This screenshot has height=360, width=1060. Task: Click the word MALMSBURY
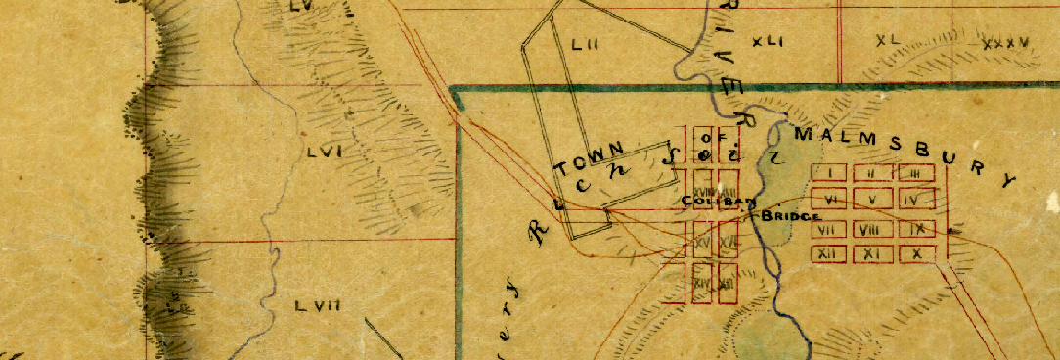click(905, 155)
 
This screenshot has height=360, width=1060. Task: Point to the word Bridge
click(789, 216)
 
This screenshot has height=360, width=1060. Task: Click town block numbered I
click(829, 173)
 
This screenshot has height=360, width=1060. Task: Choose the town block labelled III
click(914, 173)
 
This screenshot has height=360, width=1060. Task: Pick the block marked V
click(872, 199)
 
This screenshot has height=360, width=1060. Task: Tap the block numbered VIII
click(867, 230)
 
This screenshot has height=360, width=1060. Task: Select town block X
click(916, 253)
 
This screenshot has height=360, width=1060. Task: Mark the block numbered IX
click(916, 229)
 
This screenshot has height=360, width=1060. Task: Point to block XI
click(872, 253)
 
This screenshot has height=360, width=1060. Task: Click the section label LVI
click(322, 152)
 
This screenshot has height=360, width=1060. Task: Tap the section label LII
click(585, 44)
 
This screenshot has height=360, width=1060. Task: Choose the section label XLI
click(770, 42)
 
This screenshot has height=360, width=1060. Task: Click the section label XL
click(888, 41)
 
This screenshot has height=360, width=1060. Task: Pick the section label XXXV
click(1005, 44)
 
